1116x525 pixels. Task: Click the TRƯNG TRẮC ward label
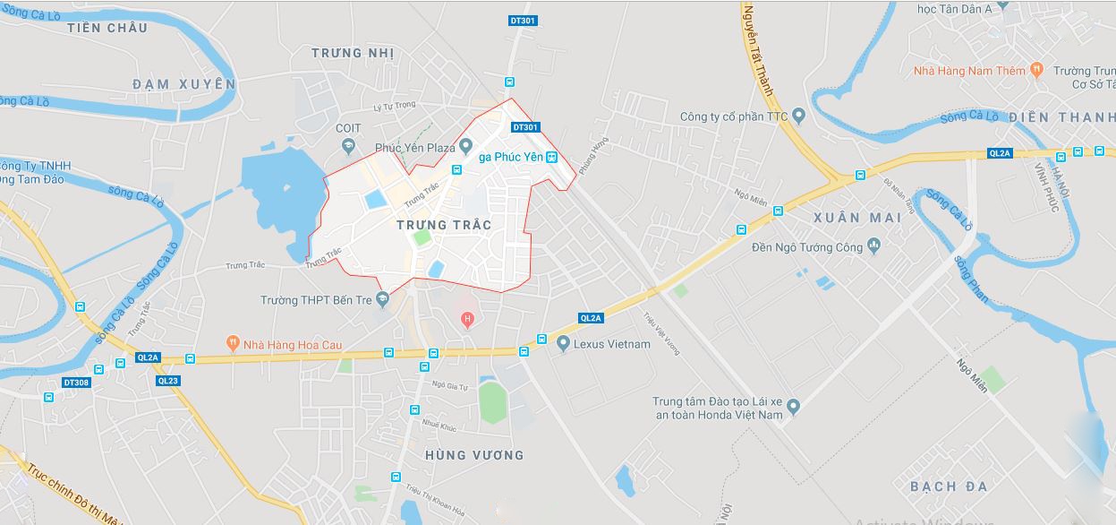point(444,225)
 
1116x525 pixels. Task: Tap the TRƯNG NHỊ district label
point(353,53)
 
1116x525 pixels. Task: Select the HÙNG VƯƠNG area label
point(474,455)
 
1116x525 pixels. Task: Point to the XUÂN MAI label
point(850,218)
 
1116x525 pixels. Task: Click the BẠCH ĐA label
point(949,486)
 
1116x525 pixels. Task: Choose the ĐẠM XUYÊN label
point(183,83)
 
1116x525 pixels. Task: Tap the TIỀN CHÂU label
point(107,28)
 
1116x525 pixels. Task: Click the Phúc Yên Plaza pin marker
point(465,148)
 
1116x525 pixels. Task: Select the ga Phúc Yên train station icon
point(552,157)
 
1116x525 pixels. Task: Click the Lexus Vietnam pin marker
point(563,344)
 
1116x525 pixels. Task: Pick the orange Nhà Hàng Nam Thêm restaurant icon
point(1036,69)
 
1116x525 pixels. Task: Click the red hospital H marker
point(466,320)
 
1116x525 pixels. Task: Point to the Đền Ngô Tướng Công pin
point(874,246)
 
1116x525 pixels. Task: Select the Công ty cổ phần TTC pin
point(798,116)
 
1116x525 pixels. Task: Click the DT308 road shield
point(76,383)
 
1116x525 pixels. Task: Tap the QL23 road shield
point(167,380)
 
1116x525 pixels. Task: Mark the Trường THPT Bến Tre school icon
point(382,300)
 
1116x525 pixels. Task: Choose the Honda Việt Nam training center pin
point(792,408)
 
